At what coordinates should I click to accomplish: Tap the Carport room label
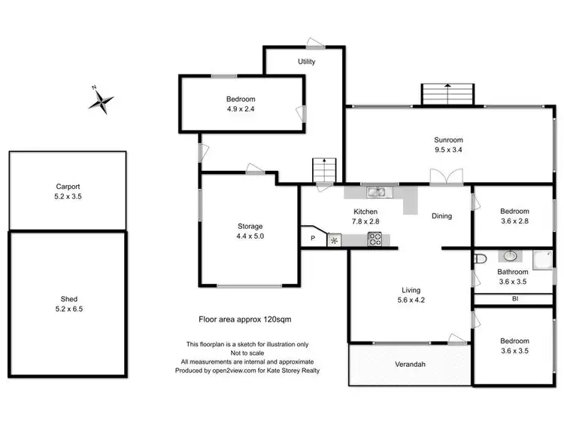pyautogui.click(x=68, y=186)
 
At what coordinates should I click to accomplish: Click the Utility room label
pyautogui.click(x=306, y=62)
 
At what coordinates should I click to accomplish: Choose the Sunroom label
pyautogui.click(x=447, y=139)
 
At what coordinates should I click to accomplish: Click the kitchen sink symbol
pyautogui.click(x=377, y=191)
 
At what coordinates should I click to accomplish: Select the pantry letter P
pyautogui.click(x=313, y=239)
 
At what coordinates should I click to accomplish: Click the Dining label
pyautogui.click(x=441, y=216)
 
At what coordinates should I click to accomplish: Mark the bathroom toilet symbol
pyautogui.click(x=480, y=259)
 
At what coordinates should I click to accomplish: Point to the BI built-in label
pyautogui.click(x=514, y=298)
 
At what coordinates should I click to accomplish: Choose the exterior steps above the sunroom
pyautogui.click(x=447, y=94)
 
